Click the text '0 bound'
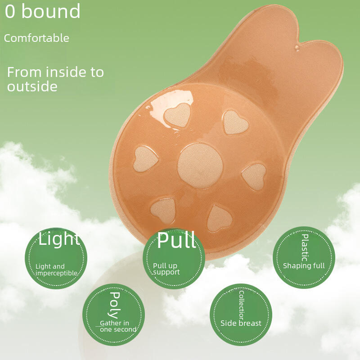tap(43, 11)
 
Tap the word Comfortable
tap(36, 38)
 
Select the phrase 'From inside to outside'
tap(55, 79)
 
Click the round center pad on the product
tap(200, 166)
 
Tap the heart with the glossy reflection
tap(177, 115)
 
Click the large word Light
tap(59, 239)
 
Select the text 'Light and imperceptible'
tap(56, 270)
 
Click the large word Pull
tap(176, 240)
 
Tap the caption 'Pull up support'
tap(166, 269)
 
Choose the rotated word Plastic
tap(305, 248)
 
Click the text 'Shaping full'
tap(304, 266)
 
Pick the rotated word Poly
tap(114, 305)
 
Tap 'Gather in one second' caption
tap(118, 326)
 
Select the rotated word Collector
tap(241, 305)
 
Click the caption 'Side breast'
tap(241, 323)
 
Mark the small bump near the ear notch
tap(297, 48)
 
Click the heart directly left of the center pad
tap(145, 159)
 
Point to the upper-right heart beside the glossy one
tap(235, 122)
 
